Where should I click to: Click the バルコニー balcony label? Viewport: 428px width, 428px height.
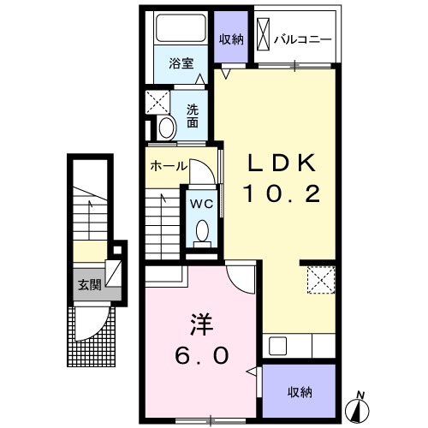click(x=303, y=39)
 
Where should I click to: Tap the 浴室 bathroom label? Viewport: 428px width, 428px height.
click(x=181, y=63)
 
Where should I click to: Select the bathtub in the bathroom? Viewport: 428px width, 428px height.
click(x=181, y=28)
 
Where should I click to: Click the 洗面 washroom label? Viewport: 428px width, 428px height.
click(x=193, y=116)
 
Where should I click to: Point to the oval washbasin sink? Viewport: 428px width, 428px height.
click(x=167, y=128)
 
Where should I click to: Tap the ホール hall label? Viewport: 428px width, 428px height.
click(x=169, y=166)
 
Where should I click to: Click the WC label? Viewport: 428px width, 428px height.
click(x=202, y=204)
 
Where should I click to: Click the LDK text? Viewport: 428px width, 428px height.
click(x=282, y=163)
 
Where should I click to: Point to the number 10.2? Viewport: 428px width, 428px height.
click(x=282, y=193)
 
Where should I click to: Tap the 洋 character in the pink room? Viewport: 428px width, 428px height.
click(x=202, y=324)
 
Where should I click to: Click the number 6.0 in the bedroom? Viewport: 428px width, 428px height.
click(x=202, y=355)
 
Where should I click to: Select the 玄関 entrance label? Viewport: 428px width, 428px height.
click(x=90, y=285)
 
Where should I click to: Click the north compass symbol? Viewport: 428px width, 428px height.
click(x=357, y=410)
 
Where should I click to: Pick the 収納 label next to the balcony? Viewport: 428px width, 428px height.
click(x=231, y=39)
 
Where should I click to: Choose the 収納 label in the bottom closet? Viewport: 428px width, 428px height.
click(x=300, y=393)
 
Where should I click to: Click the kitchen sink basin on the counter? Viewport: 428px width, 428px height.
click(x=277, y=346)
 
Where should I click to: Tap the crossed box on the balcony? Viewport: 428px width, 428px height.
click(x=263, y=34)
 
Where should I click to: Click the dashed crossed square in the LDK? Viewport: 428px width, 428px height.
click(x=321, y=280)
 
